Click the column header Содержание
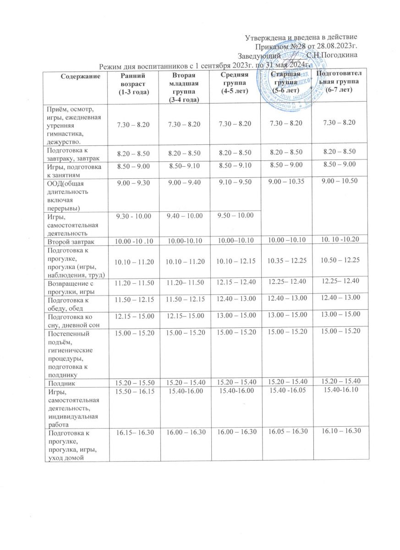click(x=75, y=76)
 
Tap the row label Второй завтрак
click(x=69, y=241)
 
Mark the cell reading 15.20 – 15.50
click(x=134, y=381)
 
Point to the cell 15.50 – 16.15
click(x=134, y=390)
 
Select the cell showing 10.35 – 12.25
click(x=285, y=261)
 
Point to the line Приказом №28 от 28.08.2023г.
click(x=306, y=46)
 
